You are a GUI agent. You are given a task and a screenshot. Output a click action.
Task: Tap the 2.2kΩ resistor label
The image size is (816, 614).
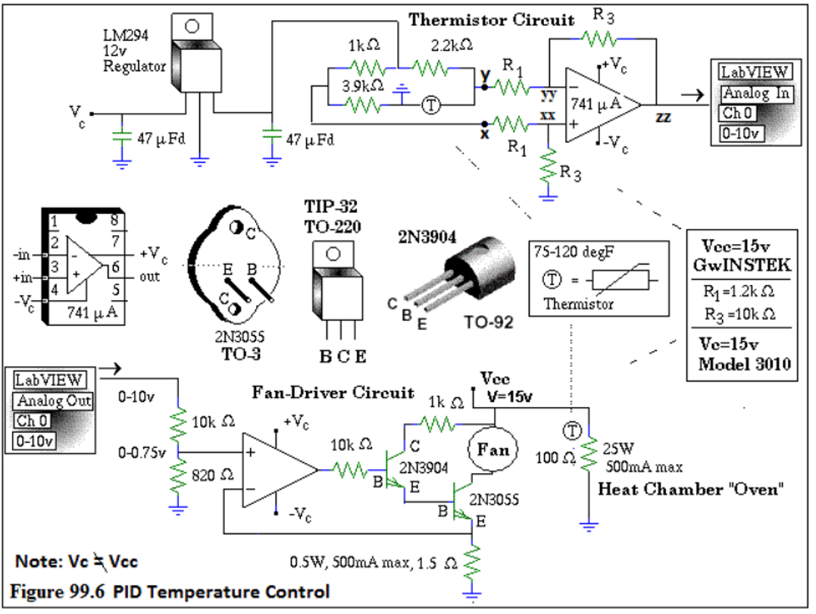[x=452, y=45]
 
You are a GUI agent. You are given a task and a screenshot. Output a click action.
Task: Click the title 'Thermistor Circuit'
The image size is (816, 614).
[x=491, y=20]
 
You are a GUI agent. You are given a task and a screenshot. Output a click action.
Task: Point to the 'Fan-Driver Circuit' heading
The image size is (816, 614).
[x=333, y=393]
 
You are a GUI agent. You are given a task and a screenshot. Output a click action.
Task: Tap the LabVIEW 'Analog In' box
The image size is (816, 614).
[x=757, y=93]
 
